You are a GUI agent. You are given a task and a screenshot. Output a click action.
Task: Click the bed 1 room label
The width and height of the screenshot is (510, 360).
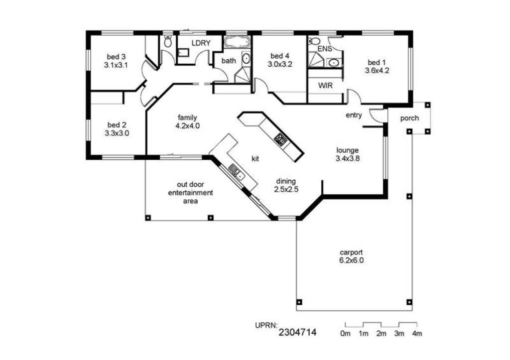coord(377,62)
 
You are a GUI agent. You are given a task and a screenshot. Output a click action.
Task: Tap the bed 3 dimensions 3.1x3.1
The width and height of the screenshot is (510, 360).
coord(116,65)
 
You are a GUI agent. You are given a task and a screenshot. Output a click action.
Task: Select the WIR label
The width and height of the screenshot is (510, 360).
coord(325,86)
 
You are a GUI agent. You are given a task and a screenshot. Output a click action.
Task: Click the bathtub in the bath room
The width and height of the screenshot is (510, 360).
coord(237,42)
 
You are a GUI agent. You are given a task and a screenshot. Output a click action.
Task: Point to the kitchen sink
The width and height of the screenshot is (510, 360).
coord(237,172)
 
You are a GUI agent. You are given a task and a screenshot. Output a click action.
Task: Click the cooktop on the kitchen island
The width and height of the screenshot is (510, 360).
coord(280,140)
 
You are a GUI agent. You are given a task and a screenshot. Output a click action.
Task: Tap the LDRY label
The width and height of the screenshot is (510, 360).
coord(201,43)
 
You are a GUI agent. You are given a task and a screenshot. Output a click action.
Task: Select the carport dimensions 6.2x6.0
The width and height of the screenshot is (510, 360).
coord(351,260)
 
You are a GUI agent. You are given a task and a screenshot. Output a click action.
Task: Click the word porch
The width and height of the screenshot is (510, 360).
coord(409,119)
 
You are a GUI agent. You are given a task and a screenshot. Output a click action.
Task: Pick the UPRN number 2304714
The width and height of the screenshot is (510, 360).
coord(297,332)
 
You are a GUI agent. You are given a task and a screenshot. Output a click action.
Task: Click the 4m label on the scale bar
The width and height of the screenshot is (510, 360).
coord(417,334)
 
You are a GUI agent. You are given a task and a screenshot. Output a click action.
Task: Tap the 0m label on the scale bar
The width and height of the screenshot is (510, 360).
coord(346,334)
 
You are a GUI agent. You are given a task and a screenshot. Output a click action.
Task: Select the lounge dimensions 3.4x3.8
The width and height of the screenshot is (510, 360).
coord(347,159)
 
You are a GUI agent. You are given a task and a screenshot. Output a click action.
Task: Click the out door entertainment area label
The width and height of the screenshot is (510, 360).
coord(190,193)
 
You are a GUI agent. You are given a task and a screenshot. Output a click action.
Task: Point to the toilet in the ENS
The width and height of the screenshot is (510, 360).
coord(314,41)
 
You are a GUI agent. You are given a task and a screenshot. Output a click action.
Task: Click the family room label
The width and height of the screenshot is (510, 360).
coord(187,118)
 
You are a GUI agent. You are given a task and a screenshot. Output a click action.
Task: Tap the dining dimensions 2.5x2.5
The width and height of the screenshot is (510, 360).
coord(286,189)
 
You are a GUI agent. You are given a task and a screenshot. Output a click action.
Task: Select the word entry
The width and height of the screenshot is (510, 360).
coord(354,115)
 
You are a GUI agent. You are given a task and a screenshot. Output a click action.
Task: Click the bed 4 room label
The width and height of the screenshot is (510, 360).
coord(280,56)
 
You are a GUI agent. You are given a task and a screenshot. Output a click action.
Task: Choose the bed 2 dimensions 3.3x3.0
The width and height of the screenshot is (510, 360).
coord(117,133)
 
